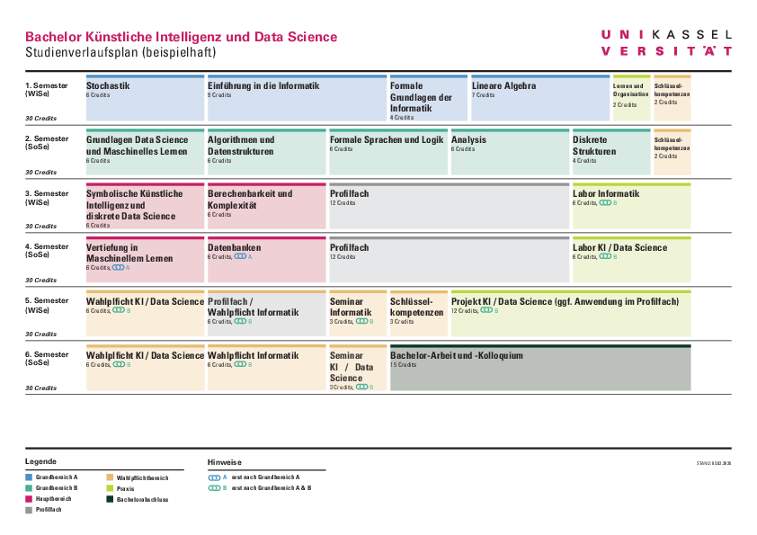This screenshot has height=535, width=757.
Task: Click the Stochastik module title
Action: click(108, 86)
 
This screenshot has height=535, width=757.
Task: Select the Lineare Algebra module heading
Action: click(503, 86)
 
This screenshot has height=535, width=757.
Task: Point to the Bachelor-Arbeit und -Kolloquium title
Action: click(456, 355)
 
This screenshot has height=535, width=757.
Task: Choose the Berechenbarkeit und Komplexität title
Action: click(249, 199)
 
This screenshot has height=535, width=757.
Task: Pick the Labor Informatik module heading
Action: click(606, 193)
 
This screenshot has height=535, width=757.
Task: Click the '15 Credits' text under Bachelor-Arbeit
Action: click(403, 365)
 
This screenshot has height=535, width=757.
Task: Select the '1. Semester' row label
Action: click(47, 85)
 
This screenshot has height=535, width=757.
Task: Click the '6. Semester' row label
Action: click(47, 354)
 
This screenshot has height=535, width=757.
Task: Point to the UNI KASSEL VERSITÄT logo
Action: click(665, 42)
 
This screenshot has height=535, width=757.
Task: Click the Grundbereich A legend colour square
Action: click(29, 477)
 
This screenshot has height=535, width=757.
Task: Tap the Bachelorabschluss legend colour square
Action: click(110, 499)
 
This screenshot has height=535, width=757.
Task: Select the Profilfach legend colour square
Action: click(29, 510)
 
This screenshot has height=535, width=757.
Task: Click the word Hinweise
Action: click(224, 462)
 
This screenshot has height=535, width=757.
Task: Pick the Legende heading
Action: click(40, 461)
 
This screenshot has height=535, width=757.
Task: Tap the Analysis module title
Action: click(468, 140)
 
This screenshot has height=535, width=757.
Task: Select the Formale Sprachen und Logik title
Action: click(387, 140)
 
